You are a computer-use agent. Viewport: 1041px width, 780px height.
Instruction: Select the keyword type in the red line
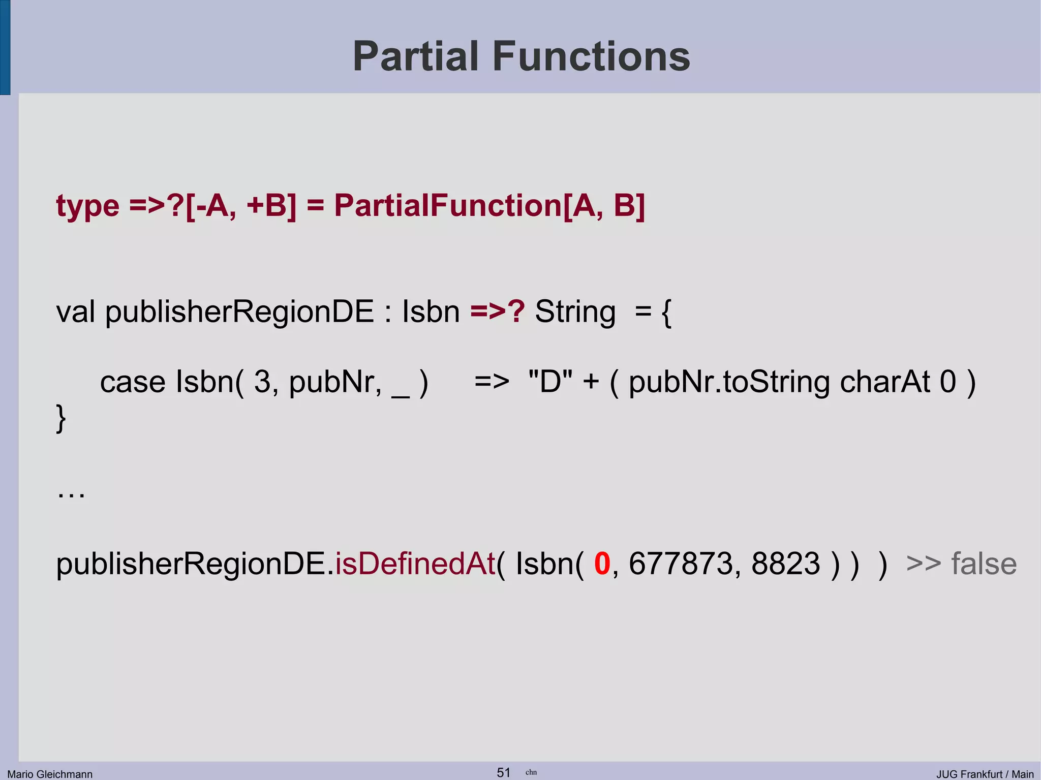(87, 206)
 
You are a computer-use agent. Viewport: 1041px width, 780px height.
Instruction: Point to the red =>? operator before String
(497, 311)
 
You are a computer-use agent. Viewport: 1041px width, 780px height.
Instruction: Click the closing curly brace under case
(60, 418)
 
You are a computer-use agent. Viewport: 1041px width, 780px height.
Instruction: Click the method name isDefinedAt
(415, 564)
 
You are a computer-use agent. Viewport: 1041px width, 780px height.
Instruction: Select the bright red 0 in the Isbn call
(602, 564)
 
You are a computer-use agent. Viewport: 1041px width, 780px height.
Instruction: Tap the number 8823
(785, 564)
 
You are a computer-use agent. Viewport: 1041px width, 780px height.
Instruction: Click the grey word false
(984, 564)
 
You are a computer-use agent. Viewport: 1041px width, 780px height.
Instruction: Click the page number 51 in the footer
(503, 772)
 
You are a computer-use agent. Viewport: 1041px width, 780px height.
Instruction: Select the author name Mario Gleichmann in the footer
(50, 774)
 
